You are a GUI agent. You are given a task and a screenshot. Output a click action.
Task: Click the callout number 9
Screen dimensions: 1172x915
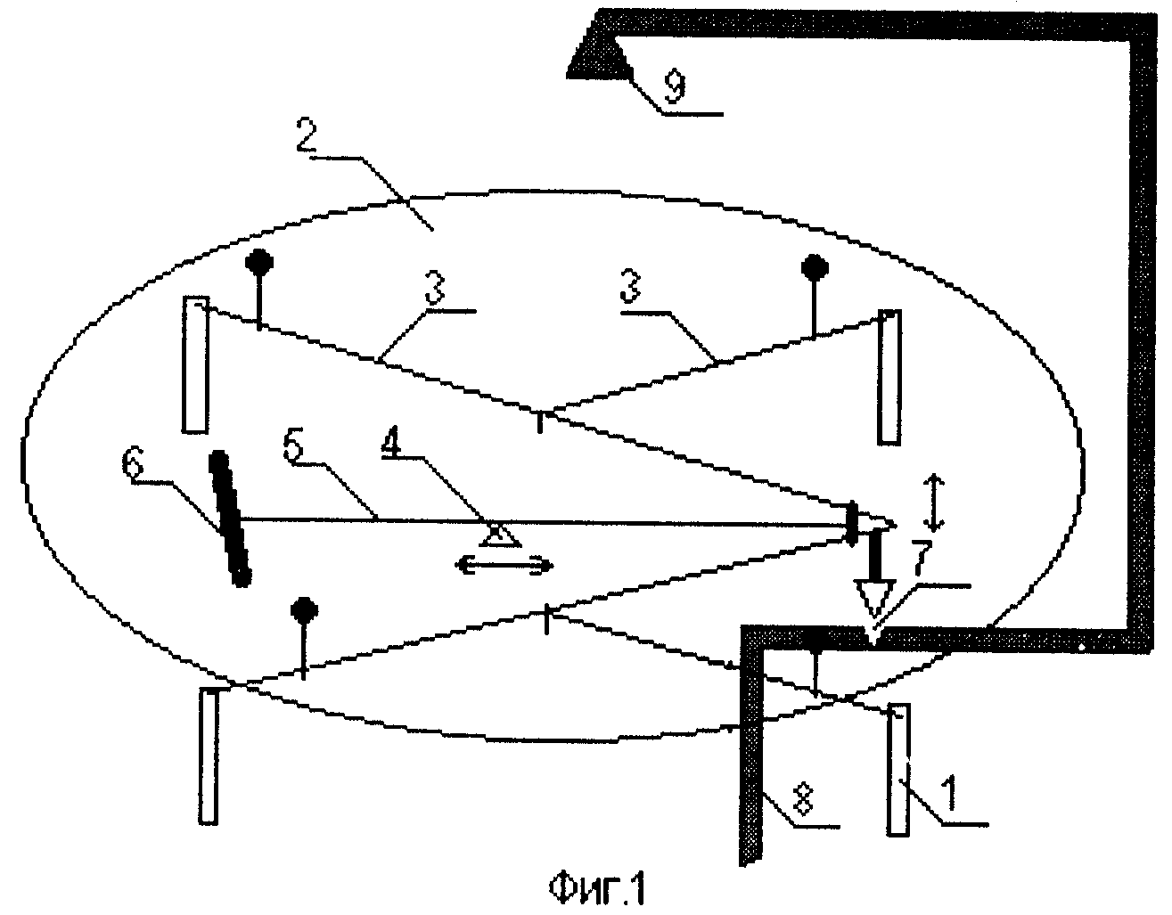point(674,86)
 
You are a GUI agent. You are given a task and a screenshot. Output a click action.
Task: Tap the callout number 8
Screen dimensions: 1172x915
point(805,800)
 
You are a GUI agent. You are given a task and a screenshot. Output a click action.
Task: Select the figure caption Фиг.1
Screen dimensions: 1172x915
point(597,890)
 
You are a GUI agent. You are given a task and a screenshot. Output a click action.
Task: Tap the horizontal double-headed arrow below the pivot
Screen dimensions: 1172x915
point(504,566)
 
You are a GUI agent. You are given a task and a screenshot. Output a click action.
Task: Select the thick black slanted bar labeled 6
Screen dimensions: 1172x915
point(230,519)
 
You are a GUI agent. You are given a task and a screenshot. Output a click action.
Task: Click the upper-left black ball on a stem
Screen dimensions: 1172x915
point(259,263)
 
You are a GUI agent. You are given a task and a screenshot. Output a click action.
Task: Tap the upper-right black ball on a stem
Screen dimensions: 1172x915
point(815,267)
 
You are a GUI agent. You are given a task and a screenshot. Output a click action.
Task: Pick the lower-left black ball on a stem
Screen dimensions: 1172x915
point(304,610)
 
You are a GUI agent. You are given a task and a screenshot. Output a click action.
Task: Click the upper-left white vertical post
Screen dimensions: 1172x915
point(195,364)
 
